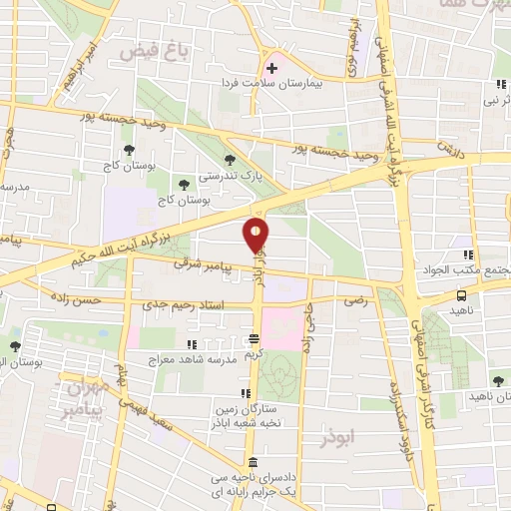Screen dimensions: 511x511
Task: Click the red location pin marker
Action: [256, 236]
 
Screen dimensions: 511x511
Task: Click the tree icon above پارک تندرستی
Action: [231, 160]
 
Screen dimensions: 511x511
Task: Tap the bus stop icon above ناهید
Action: [461, 295]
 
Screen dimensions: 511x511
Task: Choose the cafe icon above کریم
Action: [255, 337]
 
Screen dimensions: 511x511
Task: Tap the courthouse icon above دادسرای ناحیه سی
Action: [254, 464]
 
